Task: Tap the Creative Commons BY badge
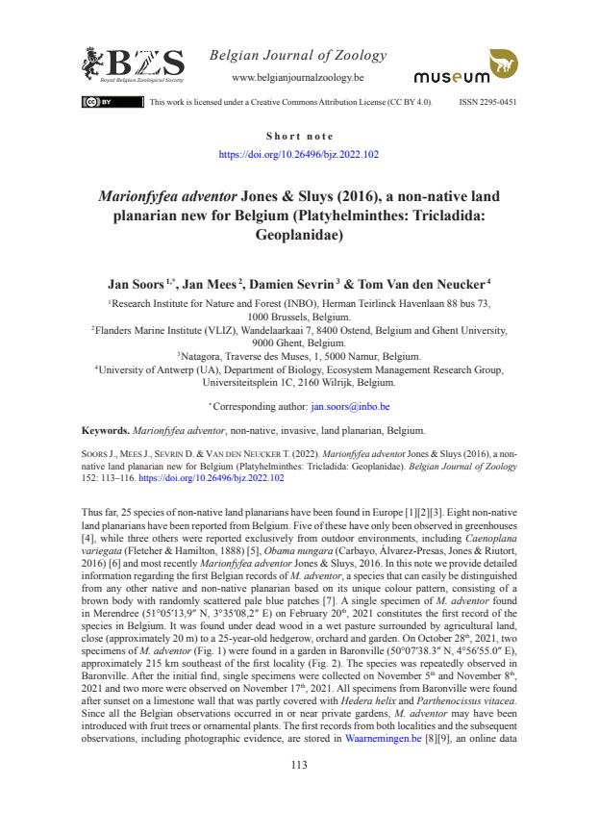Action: coord(99,101)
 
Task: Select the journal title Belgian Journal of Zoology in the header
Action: coord(298,55)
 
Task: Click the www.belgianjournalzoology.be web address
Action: coord(298,76)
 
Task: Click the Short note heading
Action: coord(299,137)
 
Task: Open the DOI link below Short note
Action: coord(299,153)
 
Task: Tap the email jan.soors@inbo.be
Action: coord(350,407)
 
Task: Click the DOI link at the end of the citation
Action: coord(222,477)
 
